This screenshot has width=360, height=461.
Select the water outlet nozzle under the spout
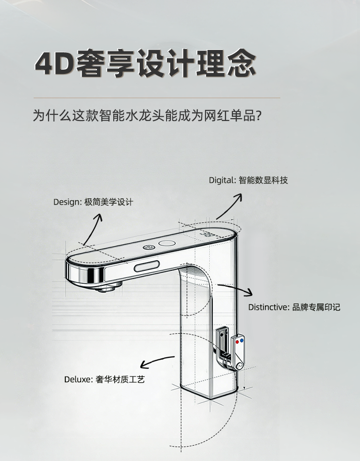(x=108, y=287)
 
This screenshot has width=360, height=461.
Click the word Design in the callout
(x=67, y=202)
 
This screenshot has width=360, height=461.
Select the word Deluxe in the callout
(x=78, y=379)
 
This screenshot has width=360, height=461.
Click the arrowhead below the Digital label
(x=239, y=197)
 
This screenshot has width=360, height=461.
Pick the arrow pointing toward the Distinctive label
(x=235, y=290)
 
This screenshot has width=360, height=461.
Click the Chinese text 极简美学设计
(x=109, y=202)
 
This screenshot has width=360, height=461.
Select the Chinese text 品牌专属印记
(x=316, y=307)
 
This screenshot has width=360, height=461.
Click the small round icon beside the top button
(x=148, y=247)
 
